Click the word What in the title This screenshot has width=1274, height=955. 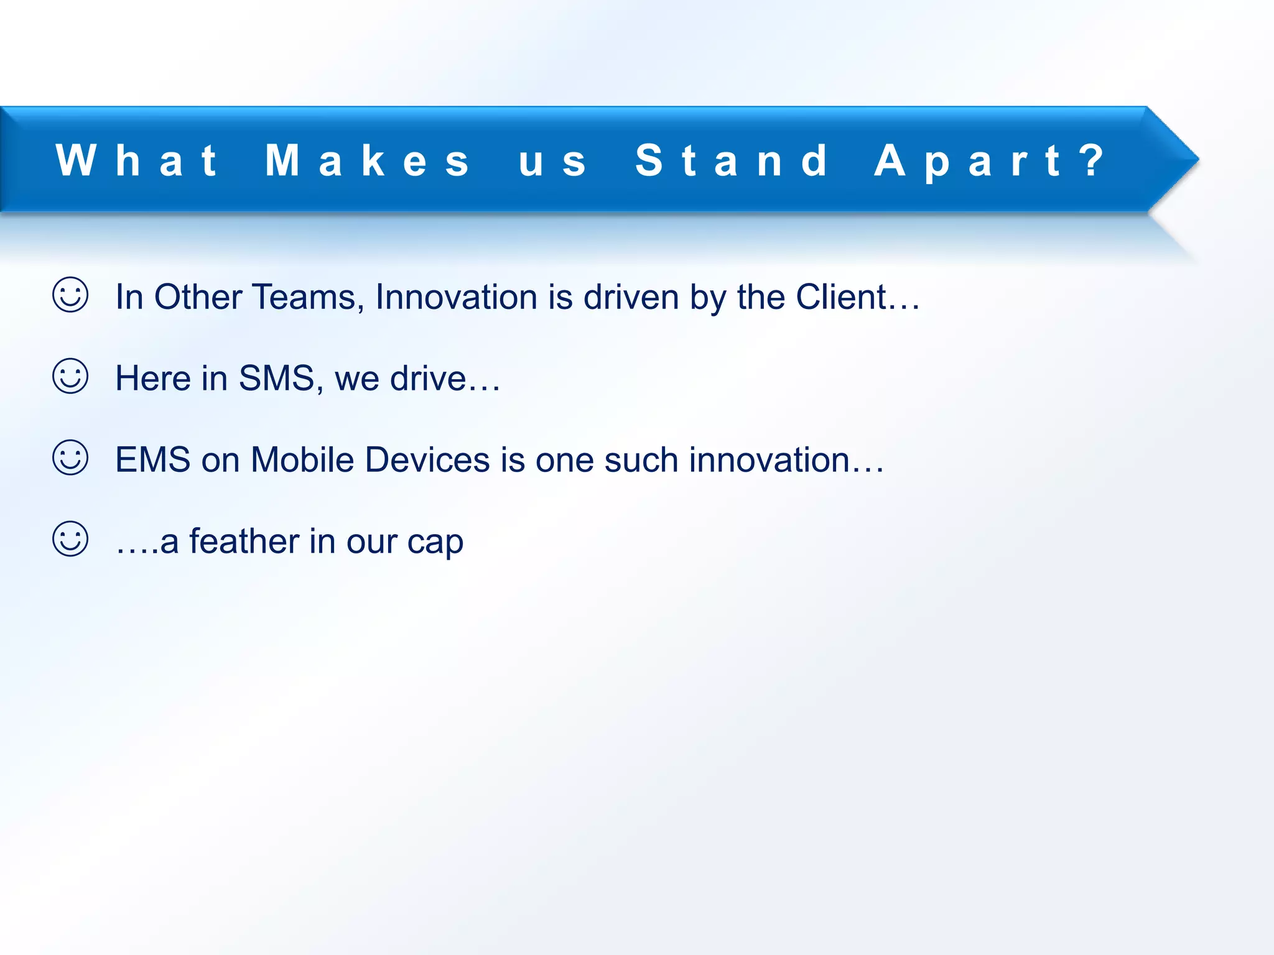[x=137, y=160]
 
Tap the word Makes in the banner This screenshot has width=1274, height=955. [x=367, y=160]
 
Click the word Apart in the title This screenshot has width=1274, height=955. [x=967, y=160]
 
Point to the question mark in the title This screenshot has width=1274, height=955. [x=1092, y=160]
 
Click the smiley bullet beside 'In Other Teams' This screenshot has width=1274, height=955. [x=70, y=295]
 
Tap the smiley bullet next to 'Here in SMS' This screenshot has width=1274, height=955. [x=70, y=376]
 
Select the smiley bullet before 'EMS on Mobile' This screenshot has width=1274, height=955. [x=70, y=458]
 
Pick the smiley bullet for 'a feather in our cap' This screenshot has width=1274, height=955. [x=70, y=539]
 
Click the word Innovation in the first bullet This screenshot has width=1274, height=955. [x=456, y=297]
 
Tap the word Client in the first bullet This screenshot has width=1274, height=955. [x=840, y=297]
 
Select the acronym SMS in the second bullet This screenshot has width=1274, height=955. [x=277, y=378]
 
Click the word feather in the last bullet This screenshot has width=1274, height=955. [x=244, y=541]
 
